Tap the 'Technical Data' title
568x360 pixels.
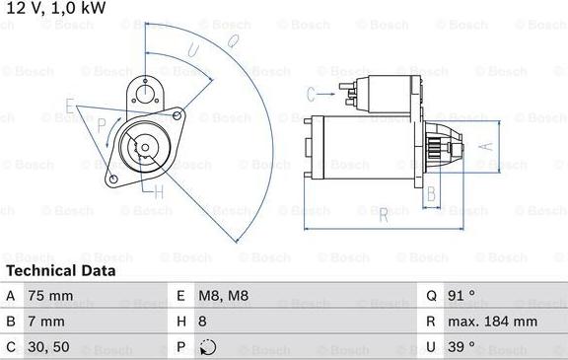click(60, 270)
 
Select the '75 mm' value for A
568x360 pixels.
click(50, 295)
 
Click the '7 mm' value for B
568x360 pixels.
click(46, 321)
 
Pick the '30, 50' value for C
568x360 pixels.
click(49, 346)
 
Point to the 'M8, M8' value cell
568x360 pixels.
click(225, 295)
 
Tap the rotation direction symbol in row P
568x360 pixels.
click(207, 347)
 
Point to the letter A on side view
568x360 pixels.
click(485, 144)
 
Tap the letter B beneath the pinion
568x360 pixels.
click(431, 193)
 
